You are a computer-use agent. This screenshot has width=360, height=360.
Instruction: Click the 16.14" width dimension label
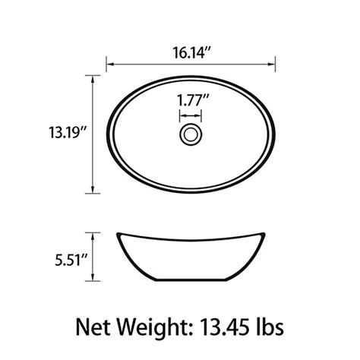pos(190,53)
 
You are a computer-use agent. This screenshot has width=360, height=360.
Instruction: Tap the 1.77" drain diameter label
pos(191,99)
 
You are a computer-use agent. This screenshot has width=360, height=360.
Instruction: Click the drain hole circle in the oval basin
pos(191,135)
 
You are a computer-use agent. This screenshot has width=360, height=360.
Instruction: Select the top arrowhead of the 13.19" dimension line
pos(95,77)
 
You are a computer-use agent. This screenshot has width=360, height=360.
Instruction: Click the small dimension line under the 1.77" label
pos(191,115)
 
